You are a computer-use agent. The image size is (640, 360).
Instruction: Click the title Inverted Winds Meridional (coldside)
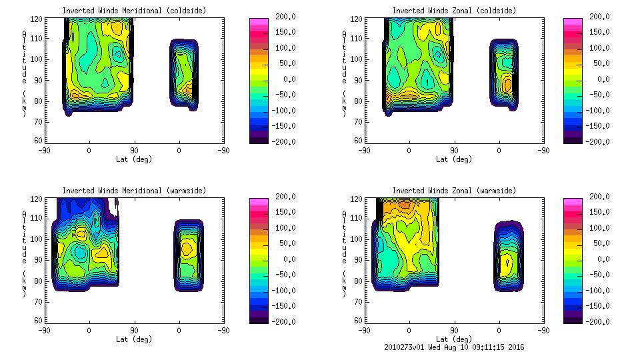134,11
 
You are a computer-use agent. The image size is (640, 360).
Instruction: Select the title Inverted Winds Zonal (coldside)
453,11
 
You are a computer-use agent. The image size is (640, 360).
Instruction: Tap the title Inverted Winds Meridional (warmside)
134,191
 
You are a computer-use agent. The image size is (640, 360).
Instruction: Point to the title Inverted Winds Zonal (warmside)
453,191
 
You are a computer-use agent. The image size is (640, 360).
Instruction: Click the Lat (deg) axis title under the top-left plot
133,159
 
